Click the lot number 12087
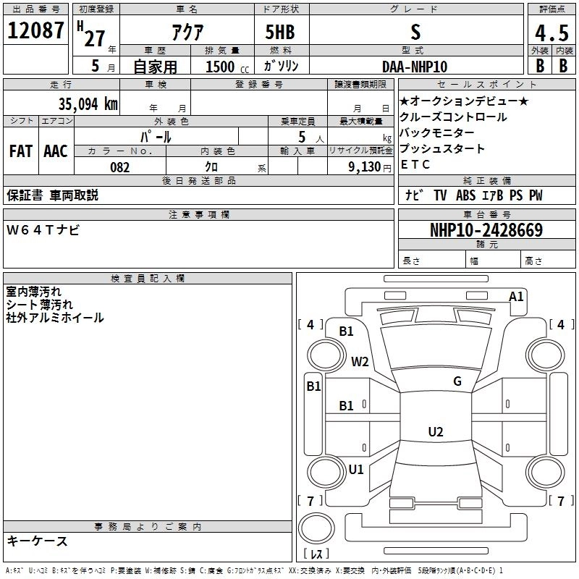[x=35, y=32]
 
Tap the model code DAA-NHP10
[x=415, y=66]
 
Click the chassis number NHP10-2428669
[x=486, y=230]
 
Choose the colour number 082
[x=119, y=167]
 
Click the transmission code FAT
[x=21, y=151]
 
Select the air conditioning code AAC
[x=56, y=151]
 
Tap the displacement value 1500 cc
[x=224, y=67]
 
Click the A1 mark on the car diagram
[x=516, y=296]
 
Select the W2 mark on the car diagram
[x=360, y=362]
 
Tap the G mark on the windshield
[x=457, y=381]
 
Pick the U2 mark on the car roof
[x=435, y=432]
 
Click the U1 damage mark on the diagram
[x=356, y=470]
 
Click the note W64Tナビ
[x=43, y=230]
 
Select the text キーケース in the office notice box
[x=37, y=541]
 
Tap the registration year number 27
[x=94, y=38]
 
